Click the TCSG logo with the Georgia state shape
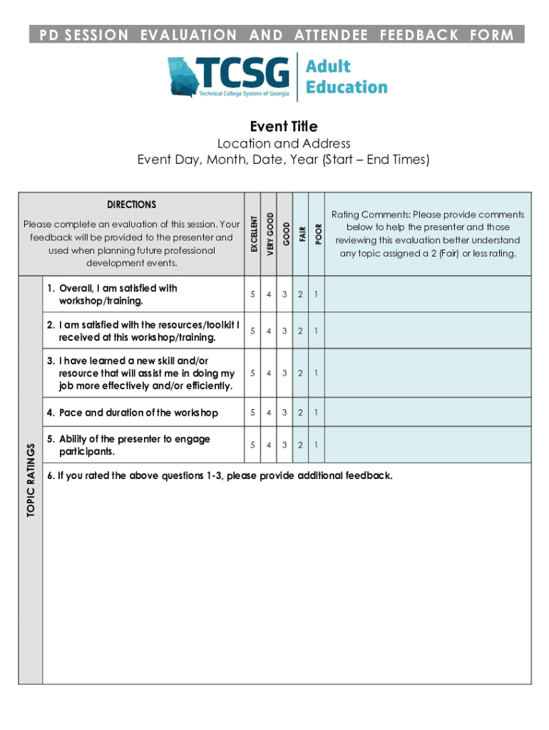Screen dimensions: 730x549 [228, 77]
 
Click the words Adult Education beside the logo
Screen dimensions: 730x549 [347, 77]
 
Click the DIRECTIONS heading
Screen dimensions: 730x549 [132, 205]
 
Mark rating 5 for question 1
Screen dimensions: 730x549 [252, 294]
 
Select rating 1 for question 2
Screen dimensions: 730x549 [317, 331]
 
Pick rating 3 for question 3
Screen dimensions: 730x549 [284, 373]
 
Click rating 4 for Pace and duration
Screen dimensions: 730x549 [268, 413]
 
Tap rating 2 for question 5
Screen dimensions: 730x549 [300, 445]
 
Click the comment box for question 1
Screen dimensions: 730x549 [428, 294]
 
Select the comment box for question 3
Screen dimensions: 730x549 [428, 373]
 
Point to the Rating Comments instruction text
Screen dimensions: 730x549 [428, 234]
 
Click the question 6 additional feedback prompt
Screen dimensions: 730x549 [220, 475]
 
